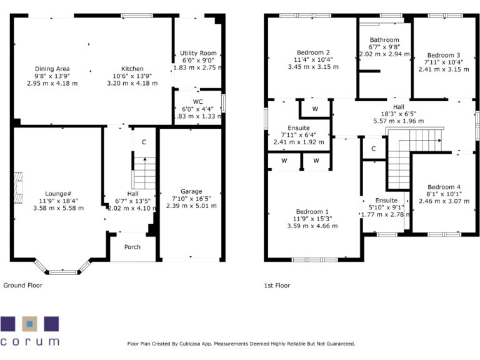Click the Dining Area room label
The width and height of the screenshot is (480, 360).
(x=52, y=69)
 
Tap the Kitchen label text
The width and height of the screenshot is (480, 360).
(x=132, y=69)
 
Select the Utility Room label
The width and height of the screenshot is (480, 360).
(x=198, y=53)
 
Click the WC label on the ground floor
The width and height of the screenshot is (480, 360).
(x=198, y=101)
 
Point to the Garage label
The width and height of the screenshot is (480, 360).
(x=191, y=191)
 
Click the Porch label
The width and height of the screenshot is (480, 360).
(x=132, y=247)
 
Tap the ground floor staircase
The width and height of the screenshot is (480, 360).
(x=144, y=172)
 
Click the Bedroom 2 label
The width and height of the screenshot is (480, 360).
(x=313, y=52)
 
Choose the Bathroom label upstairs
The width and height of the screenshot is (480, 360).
(x=384, y=40)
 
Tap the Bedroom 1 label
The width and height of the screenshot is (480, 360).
(x=313, y=211)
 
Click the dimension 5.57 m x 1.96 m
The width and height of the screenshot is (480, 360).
(x=398, y=121)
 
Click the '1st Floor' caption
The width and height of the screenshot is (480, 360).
(x=277, y=286)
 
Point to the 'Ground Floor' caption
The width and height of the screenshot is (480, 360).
(x=23, y=286)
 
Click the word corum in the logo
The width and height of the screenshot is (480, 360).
(x=30, y=342)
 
